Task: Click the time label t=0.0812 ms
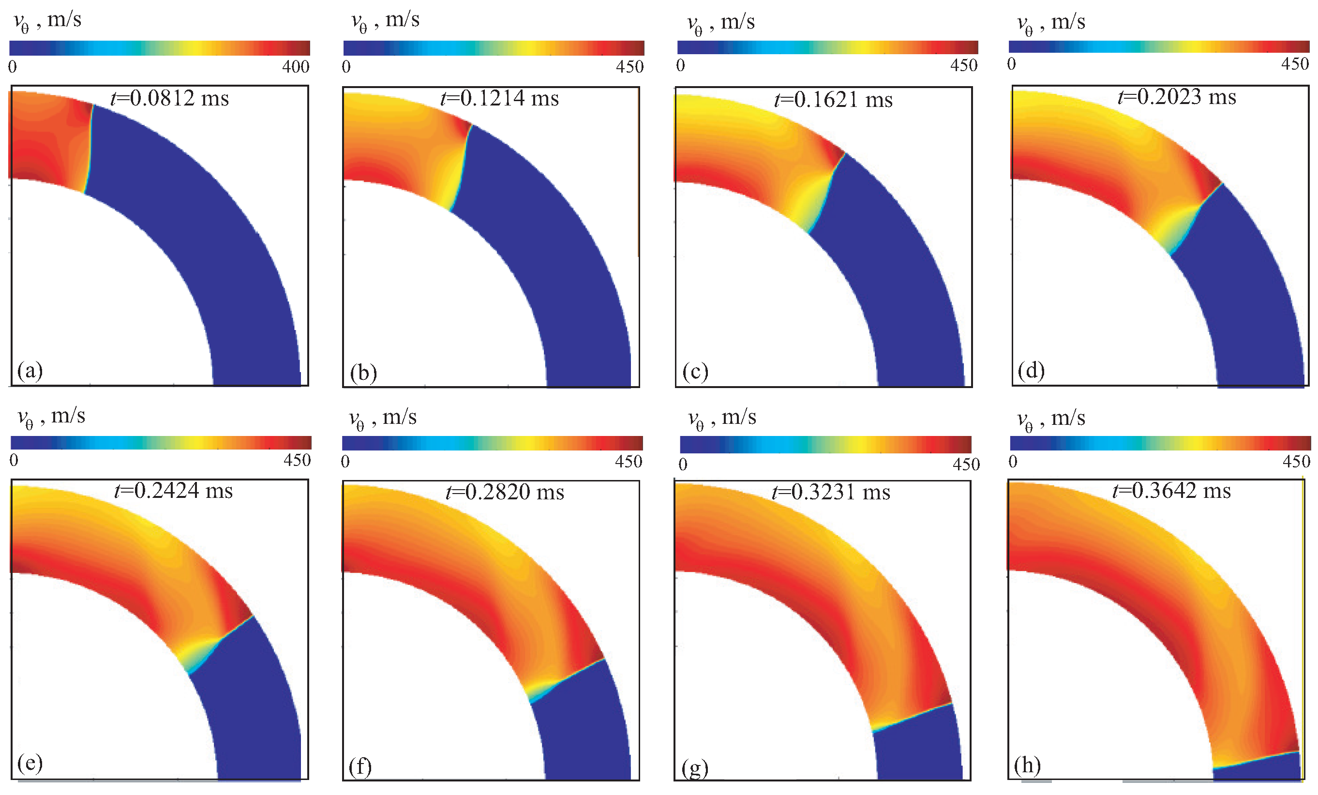coord(169,98)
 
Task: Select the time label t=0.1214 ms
coord(500,98)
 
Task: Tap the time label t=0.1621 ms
coord(833,100)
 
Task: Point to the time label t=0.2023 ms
coord(1177,97)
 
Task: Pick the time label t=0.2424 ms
coord(173,491)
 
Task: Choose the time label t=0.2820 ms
coord(505,492)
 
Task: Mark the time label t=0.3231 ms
coord(831,492)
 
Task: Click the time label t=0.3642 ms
coord(1171,491)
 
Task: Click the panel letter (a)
coord(30,370)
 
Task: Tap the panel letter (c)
coord(695,371)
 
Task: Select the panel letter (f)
coord(360,766)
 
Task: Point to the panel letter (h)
coord(1027,765)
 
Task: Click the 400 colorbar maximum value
coord(296,67)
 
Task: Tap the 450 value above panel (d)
coord(1294,64)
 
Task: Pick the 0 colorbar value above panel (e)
coord(14,460)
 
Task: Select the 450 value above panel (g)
coord(966,465)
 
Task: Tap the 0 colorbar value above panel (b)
coord(346,67)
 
